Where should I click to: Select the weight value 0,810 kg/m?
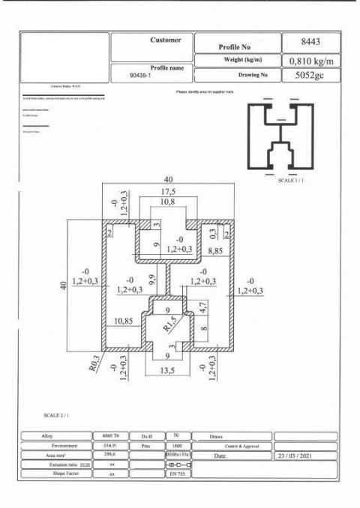[311, 61]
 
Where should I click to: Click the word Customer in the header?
[166, 39]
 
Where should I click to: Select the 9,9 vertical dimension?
[152, 282]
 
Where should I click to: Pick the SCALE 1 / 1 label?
[291, 181]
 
